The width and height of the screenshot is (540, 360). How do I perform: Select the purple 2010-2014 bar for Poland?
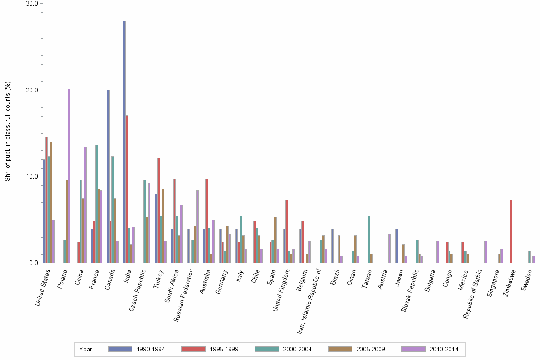click(69, 176)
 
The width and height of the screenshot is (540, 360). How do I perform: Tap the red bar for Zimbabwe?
click(511, 231)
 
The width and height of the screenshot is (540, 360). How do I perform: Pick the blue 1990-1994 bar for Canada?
click(108, 176)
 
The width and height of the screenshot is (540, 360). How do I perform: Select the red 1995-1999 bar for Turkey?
click(159, 210)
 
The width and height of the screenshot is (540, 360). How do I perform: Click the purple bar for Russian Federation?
click(197, 227)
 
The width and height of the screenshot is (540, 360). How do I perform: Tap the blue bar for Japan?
click(397, 246)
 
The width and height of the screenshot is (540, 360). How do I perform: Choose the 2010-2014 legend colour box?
click(414, 349)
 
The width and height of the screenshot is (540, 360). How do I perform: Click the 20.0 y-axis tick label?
click(32, 90)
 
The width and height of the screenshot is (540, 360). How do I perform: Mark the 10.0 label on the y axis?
click(32, 177)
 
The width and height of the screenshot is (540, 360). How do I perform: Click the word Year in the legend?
click(86, 349)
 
